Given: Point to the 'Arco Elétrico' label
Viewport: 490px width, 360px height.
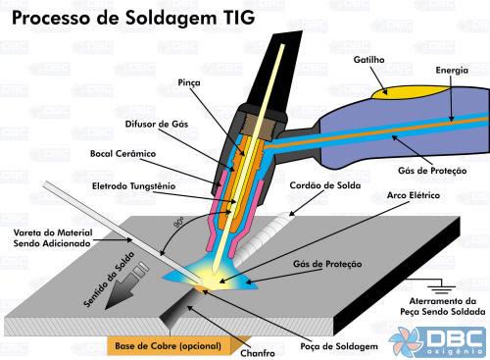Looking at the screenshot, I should [x=408, y=197].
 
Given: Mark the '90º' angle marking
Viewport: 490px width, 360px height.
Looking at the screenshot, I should [x=178, y=222].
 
